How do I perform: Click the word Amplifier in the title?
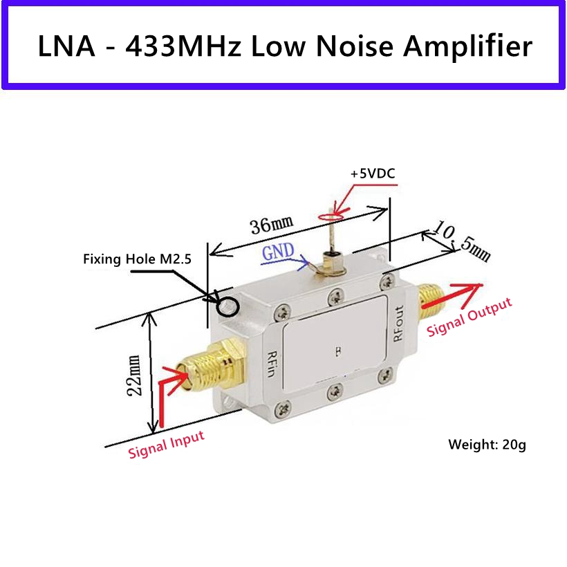point(468,46)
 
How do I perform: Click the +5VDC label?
point(372,174)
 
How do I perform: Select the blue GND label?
point(277,252)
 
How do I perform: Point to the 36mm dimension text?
point(270,225)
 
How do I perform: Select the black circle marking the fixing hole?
point(228,304)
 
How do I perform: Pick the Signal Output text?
point(470,317)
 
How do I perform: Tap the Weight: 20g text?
point(487,445)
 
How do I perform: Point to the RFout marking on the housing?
point(398,324)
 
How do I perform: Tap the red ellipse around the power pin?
point(332,216)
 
